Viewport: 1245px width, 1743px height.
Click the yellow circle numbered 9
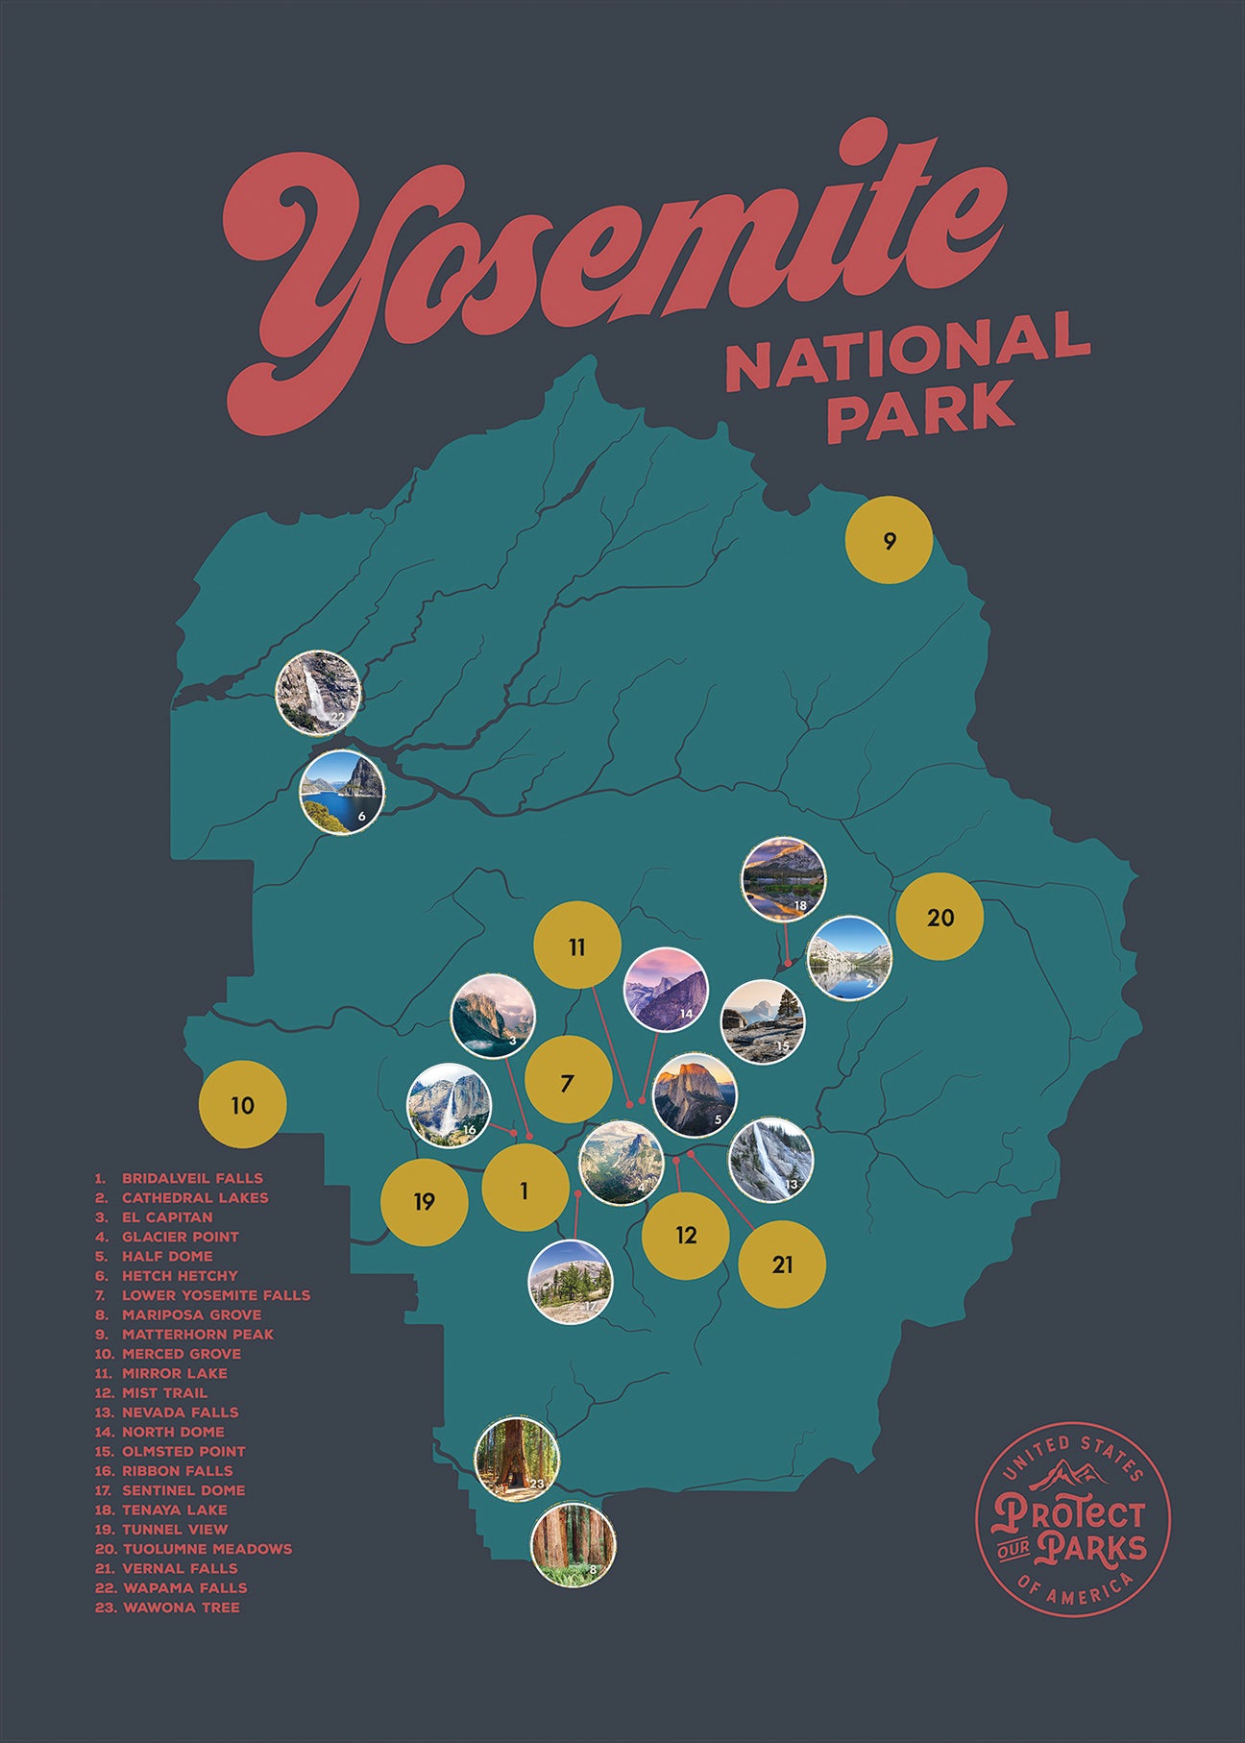[x=889, y=540]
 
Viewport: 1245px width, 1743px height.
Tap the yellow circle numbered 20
[x=940, y=917]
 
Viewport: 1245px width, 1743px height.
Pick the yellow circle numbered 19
[x=425, y=1201]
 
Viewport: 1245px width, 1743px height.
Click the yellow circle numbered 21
[x=782, y=1264]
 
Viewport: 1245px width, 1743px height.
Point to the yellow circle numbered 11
[x=576, y=946]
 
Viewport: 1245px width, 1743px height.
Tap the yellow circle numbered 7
[x=568, y=1083]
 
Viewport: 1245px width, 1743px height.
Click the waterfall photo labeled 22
[x=318, y=693]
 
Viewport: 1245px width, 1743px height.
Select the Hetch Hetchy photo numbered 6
[x=342, y=792]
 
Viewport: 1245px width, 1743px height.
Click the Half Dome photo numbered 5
[x=695, y=1095]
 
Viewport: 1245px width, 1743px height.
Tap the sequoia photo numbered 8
[x=574, y=1545]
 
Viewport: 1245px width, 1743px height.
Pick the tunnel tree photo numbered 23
[x=517, y=1458]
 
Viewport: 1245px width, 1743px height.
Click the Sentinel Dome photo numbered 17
[x=570, y=1282]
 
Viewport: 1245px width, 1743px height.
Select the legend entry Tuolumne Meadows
[x=207, y=1549]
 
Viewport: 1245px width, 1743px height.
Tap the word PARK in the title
[x=920, y=408]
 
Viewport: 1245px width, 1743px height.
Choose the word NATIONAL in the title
[x=907, y=351]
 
